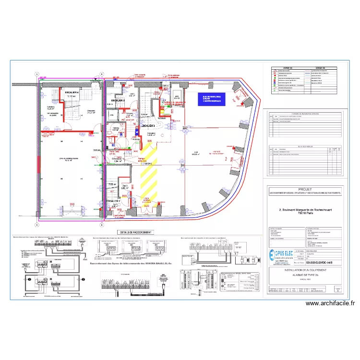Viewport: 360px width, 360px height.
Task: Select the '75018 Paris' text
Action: [304, 215]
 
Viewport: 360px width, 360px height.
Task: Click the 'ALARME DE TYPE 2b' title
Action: [304, 276]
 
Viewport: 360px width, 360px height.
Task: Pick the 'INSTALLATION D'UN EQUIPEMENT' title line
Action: [304, 271]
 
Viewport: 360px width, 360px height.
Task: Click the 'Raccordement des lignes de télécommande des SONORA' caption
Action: [134, 263]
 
